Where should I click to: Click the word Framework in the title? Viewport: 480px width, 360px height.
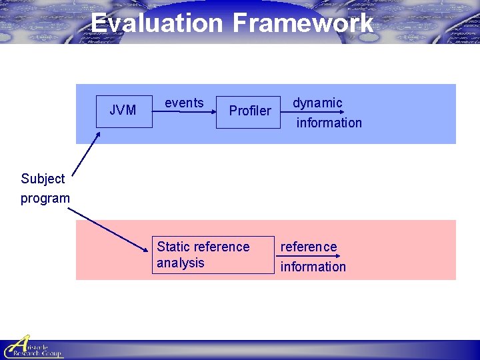click(303, 23)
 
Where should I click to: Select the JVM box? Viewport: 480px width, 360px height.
click(123, 110)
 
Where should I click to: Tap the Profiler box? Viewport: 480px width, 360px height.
click(250, 110)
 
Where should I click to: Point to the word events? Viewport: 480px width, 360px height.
click(184, 103)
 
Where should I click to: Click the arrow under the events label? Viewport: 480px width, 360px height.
click(183, 113)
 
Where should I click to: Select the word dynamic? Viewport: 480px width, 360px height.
click(317, 103)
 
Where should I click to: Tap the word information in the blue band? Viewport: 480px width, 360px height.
click(329, 123)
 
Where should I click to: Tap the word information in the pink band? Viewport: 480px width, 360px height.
click(313, 267)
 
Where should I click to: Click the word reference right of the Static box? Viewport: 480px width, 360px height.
click(309, 247)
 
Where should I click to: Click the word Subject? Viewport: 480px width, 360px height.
click(43, 179)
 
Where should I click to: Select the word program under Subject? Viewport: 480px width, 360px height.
click(45, 198)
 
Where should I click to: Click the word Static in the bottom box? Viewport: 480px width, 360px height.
click(173, 247)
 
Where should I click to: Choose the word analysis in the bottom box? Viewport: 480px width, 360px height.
click(180, 263)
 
